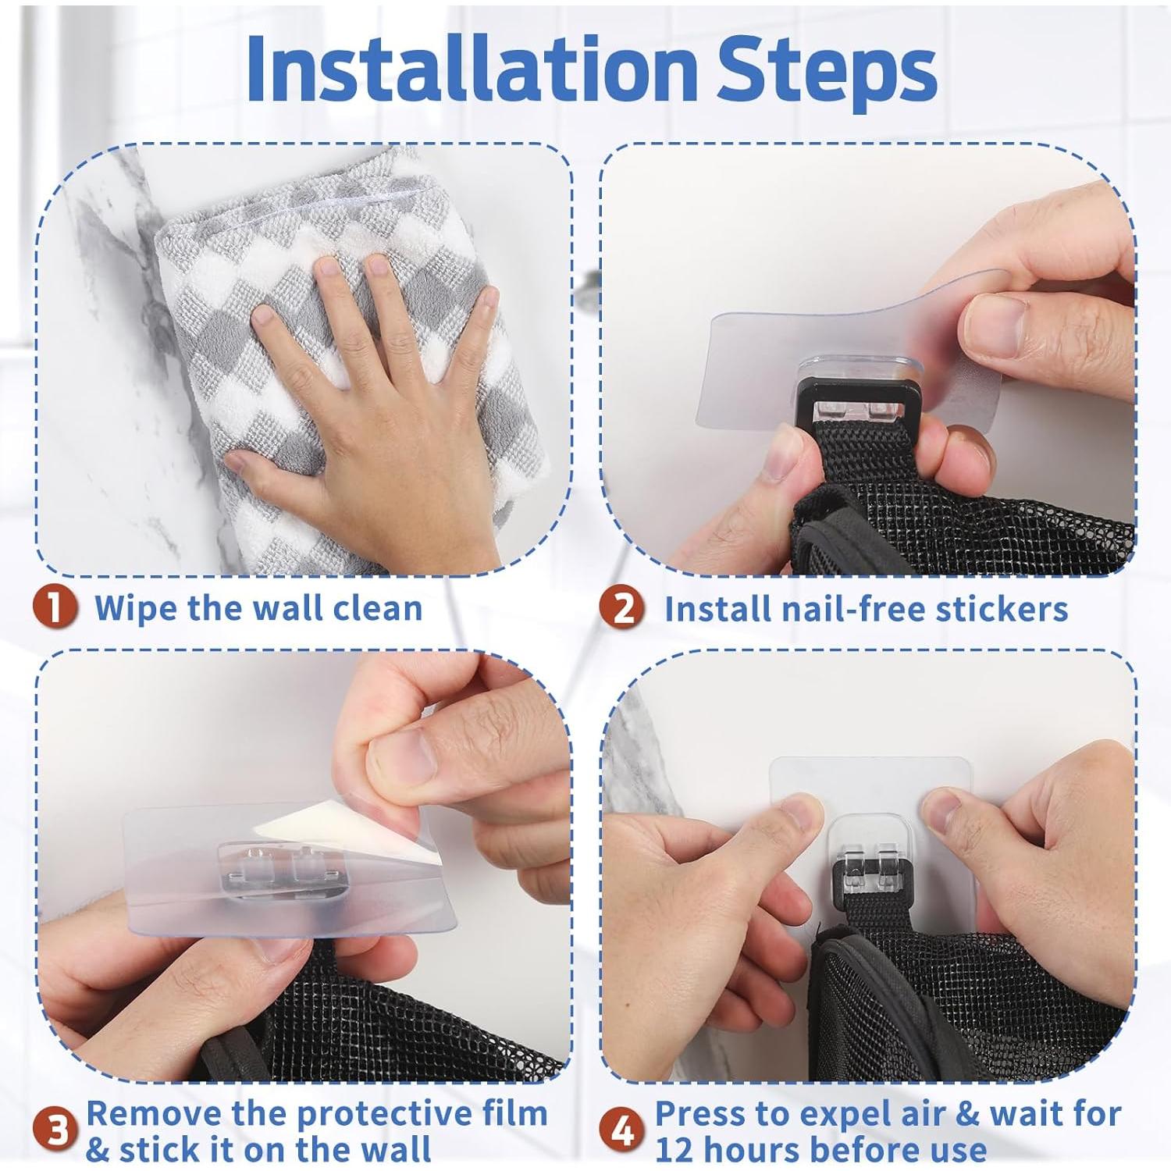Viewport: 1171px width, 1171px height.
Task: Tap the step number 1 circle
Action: coord(55,607)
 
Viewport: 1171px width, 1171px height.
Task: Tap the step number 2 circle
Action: coord(621,608)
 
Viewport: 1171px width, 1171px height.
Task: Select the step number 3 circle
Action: coord(56,1130)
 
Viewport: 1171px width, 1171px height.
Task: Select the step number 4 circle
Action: coord(621,1130)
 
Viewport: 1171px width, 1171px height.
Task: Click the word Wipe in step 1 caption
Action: coord(137,607)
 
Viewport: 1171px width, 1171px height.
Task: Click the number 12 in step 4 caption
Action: coord(675,1150)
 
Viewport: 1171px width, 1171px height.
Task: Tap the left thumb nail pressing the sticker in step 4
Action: coord(799,812)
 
